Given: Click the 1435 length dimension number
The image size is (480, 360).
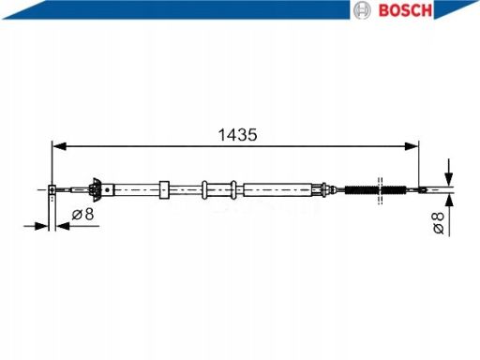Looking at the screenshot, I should (238, 134).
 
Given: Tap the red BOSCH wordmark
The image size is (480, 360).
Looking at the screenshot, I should (404, 10).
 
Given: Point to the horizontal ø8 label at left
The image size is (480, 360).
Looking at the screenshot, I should (82, 215).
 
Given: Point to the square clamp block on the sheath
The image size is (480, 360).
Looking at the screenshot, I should (165, 189).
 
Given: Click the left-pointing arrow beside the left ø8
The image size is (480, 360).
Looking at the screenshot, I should (61, 225).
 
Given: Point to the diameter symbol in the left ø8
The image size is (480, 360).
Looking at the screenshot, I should (76, 215).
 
